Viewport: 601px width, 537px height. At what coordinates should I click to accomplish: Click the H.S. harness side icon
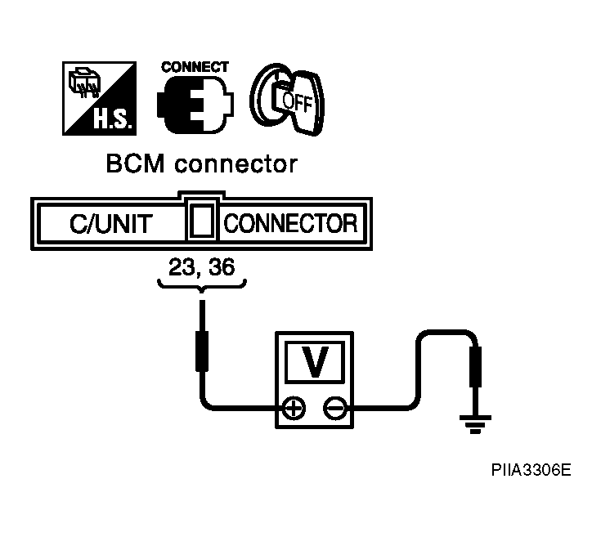[99, 98]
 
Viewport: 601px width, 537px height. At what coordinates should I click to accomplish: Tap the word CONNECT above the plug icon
[195, 67]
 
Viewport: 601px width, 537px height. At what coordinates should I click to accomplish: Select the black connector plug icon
[195, 105]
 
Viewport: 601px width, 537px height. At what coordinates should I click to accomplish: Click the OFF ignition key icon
[287, 100]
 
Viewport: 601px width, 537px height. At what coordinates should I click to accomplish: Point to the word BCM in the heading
[135, 164]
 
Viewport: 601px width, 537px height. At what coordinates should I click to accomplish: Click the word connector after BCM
[235, 165]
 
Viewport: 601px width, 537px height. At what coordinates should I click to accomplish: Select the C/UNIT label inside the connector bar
[111, 224]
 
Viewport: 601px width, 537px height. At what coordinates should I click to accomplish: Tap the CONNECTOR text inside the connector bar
[290, 223]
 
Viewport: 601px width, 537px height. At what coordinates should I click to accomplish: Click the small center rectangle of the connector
[202, 221]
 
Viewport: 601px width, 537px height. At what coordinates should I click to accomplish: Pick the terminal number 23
[182, 267]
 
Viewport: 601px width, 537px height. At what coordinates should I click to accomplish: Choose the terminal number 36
[222, 267]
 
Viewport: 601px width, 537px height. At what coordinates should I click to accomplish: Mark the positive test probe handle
[202, 351]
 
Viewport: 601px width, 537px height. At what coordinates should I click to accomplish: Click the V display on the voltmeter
[315, 362]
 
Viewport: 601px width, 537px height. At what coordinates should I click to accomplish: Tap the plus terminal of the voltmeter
[294, 409]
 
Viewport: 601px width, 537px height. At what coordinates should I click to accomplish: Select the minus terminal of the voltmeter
[335, 409]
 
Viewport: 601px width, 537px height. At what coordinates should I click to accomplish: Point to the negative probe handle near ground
[476, 366]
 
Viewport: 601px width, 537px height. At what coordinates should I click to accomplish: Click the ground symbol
[475, 424]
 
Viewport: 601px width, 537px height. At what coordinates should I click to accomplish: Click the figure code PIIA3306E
[531, 470]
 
